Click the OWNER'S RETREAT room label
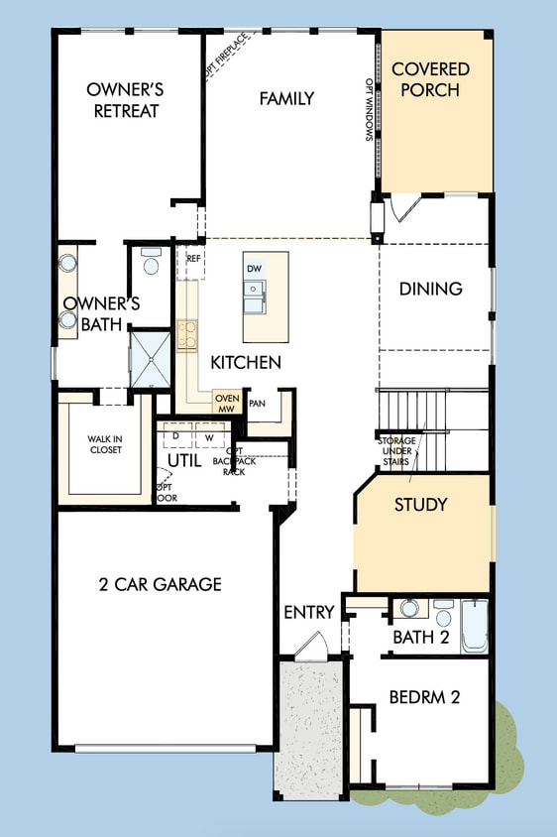point(126,99)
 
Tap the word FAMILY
point(286,98)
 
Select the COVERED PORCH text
point(430,79)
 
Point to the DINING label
point(431,289)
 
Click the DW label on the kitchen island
point(254,269)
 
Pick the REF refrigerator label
point(194,259)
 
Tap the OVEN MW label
point(226,404)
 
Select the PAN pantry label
point(257,404)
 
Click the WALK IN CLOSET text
point(104,443)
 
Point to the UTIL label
point(183,461)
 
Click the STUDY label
point(420,505)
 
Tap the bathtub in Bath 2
point(475,625)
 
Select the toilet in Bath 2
point(443,611)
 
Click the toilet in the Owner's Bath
point(151,264)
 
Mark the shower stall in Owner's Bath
point(151,359)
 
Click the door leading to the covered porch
point(405,208)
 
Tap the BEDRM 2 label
point(424,696)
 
